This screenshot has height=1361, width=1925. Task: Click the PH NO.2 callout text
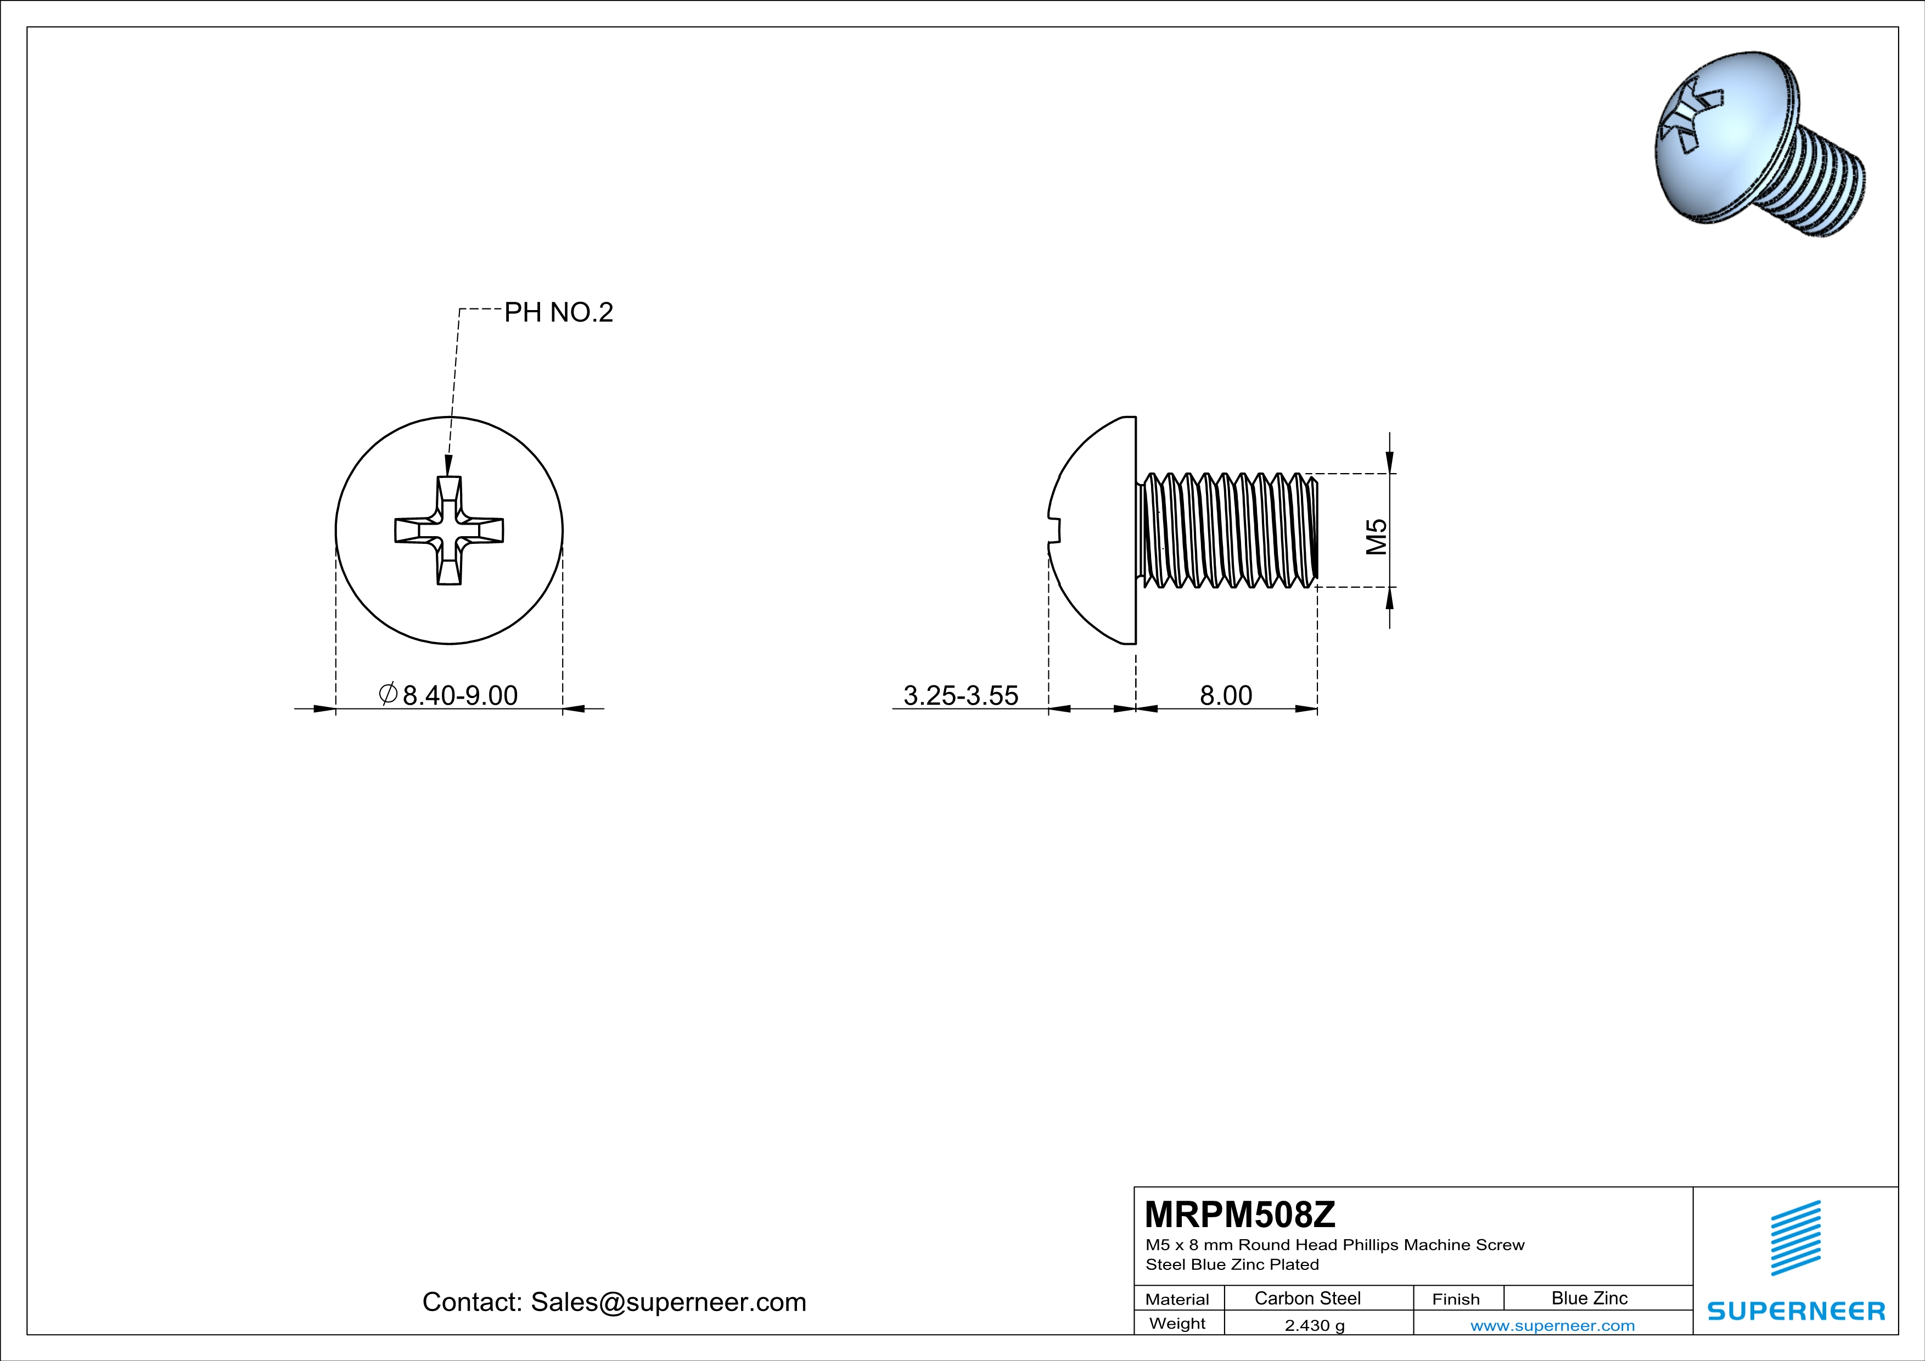tap(558, 313)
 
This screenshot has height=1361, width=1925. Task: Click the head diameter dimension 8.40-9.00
tap(459, 695)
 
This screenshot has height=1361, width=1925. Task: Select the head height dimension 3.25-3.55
tap(960, 695)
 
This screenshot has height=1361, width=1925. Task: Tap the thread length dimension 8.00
tap(1225, 695)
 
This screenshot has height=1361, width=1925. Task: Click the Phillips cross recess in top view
tap(450, 531)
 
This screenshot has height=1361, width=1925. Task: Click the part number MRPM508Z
tap(1239, 1214)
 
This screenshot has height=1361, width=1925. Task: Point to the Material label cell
tap(1177, 1299)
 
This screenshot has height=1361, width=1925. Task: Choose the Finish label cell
tap(1456, 1299)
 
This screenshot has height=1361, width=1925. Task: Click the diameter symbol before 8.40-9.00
tap(388, 694)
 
